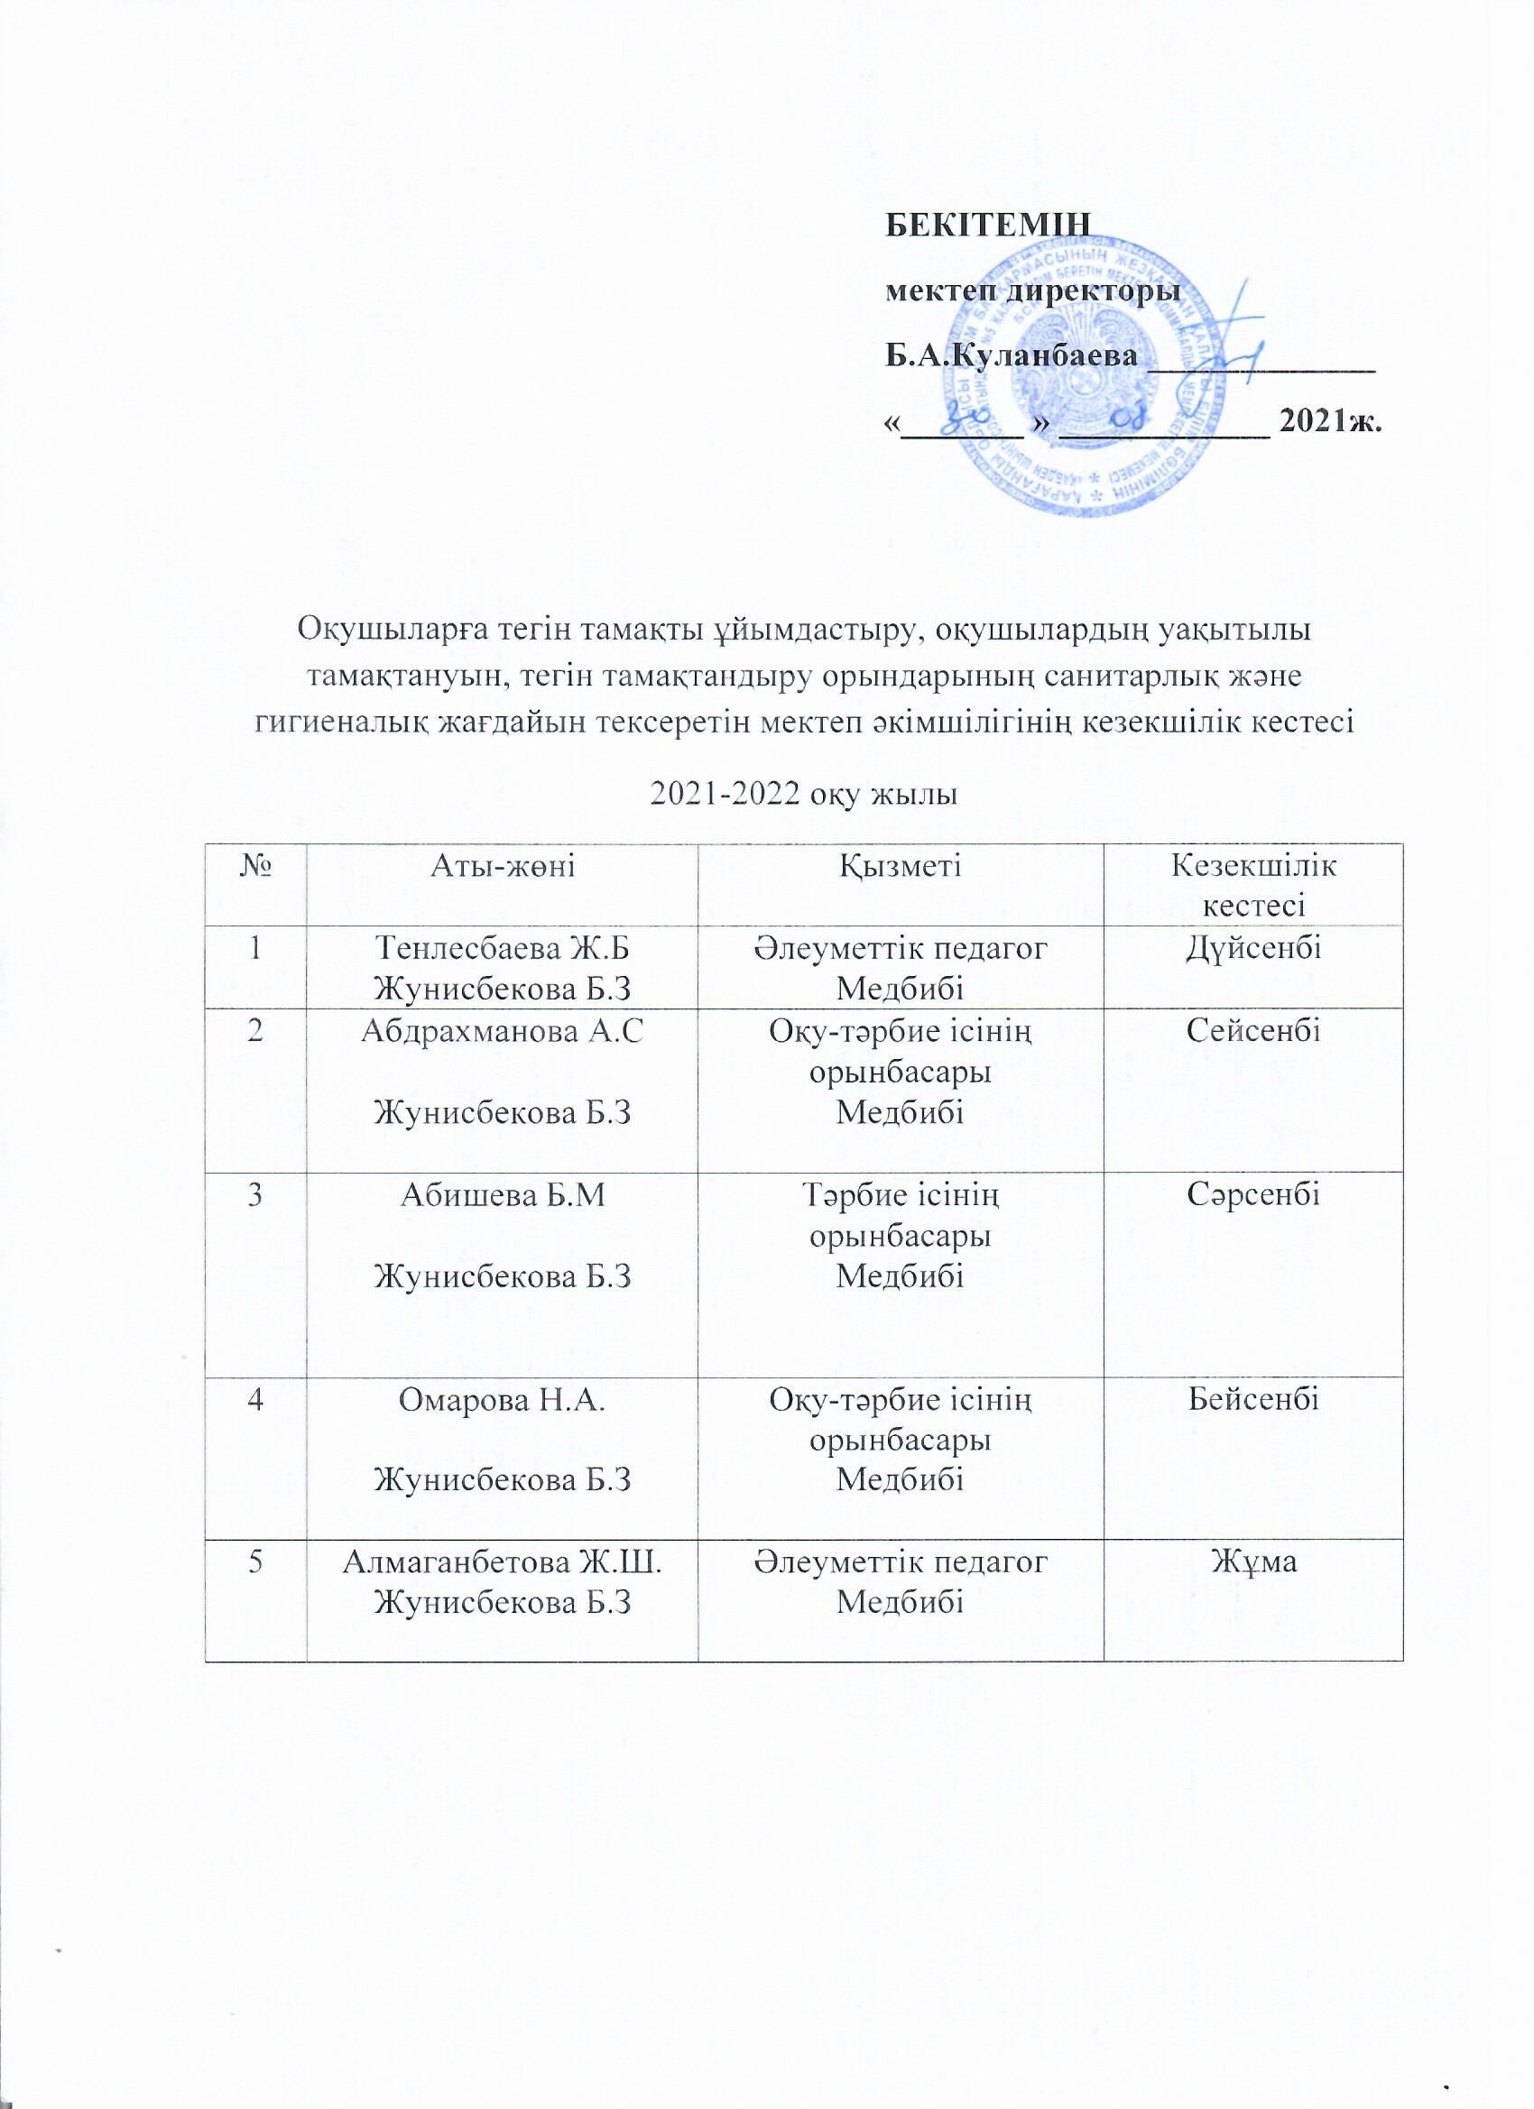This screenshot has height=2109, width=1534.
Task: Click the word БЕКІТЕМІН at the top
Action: tap(986, 225)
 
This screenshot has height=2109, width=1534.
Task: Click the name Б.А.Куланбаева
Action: tap(1012, 355)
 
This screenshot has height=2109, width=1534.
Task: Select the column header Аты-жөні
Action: tap(503, 867)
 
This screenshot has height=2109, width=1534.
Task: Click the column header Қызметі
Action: tap(900, 867)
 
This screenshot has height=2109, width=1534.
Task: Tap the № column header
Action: tap(254, 867)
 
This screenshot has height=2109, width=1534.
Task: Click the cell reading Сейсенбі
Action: tap(1252, 1031)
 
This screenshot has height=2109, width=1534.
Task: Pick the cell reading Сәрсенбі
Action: tap(1252, 1195)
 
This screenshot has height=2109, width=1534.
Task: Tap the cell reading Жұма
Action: tap(1252, 1562)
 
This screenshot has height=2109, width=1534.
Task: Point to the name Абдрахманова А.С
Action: tap(503, 1031)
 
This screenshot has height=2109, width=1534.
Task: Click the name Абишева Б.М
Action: tap(503, 1195)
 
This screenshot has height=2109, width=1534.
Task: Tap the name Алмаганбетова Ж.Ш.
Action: tap(503, 1562)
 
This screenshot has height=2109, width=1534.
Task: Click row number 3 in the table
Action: tap(254, 1195)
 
